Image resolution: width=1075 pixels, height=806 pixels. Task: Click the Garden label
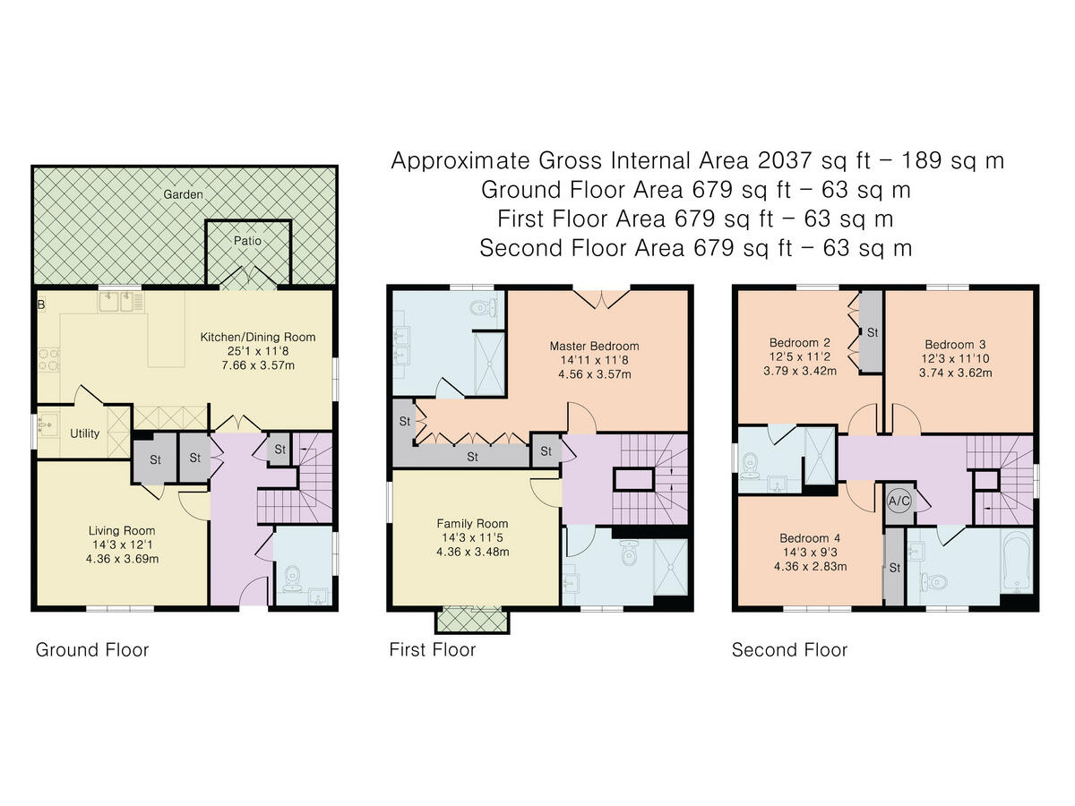(183, 194)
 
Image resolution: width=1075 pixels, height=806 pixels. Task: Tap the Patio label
(247, 241)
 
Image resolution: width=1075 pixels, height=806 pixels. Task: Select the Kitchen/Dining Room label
(258, 337)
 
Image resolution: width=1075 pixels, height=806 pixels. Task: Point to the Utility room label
(84, 433)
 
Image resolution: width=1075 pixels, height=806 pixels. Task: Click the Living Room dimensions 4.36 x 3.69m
(122, 559)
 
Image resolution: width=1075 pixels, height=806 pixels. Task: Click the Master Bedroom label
(594, 346)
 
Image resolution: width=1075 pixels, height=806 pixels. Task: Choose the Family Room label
(472, 523)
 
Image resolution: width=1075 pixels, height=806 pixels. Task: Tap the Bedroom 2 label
(800, 343)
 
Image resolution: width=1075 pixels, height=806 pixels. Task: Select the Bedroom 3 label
(955, 345)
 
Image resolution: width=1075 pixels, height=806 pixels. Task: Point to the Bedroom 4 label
(810, 538)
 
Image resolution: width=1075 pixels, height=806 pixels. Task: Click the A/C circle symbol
(899, 501)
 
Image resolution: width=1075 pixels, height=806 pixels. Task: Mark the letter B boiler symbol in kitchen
(41, 304)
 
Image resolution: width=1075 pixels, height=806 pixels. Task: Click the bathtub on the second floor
(1016, 563)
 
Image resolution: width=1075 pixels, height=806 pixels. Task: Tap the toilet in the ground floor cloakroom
(292, 578)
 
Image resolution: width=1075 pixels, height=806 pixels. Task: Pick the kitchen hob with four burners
(49, 359)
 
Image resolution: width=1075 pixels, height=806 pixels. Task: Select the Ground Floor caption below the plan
(92, 650)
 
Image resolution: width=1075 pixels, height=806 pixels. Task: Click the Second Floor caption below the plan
(789, 650)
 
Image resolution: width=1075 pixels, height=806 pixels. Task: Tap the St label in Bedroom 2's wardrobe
(873, 333)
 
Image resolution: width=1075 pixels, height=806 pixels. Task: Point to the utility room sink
(48, 425)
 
